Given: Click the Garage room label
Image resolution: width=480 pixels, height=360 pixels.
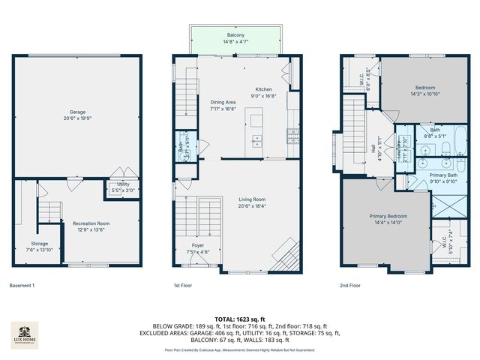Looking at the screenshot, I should click(x=77, y=112).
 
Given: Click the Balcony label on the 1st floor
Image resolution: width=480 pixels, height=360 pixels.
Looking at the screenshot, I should click(x=235, y=35).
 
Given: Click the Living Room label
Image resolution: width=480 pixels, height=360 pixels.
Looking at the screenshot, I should click(x=253, y=199).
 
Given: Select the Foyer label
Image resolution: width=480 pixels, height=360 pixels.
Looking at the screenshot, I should click(x=197, y=245).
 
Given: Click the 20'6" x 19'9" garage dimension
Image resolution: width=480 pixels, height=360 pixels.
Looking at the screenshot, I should click(x=77, y=118).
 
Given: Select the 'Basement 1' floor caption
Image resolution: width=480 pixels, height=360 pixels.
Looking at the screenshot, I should click(x=22, y=286).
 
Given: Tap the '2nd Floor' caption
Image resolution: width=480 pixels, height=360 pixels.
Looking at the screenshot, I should click(x=350, y=286).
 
